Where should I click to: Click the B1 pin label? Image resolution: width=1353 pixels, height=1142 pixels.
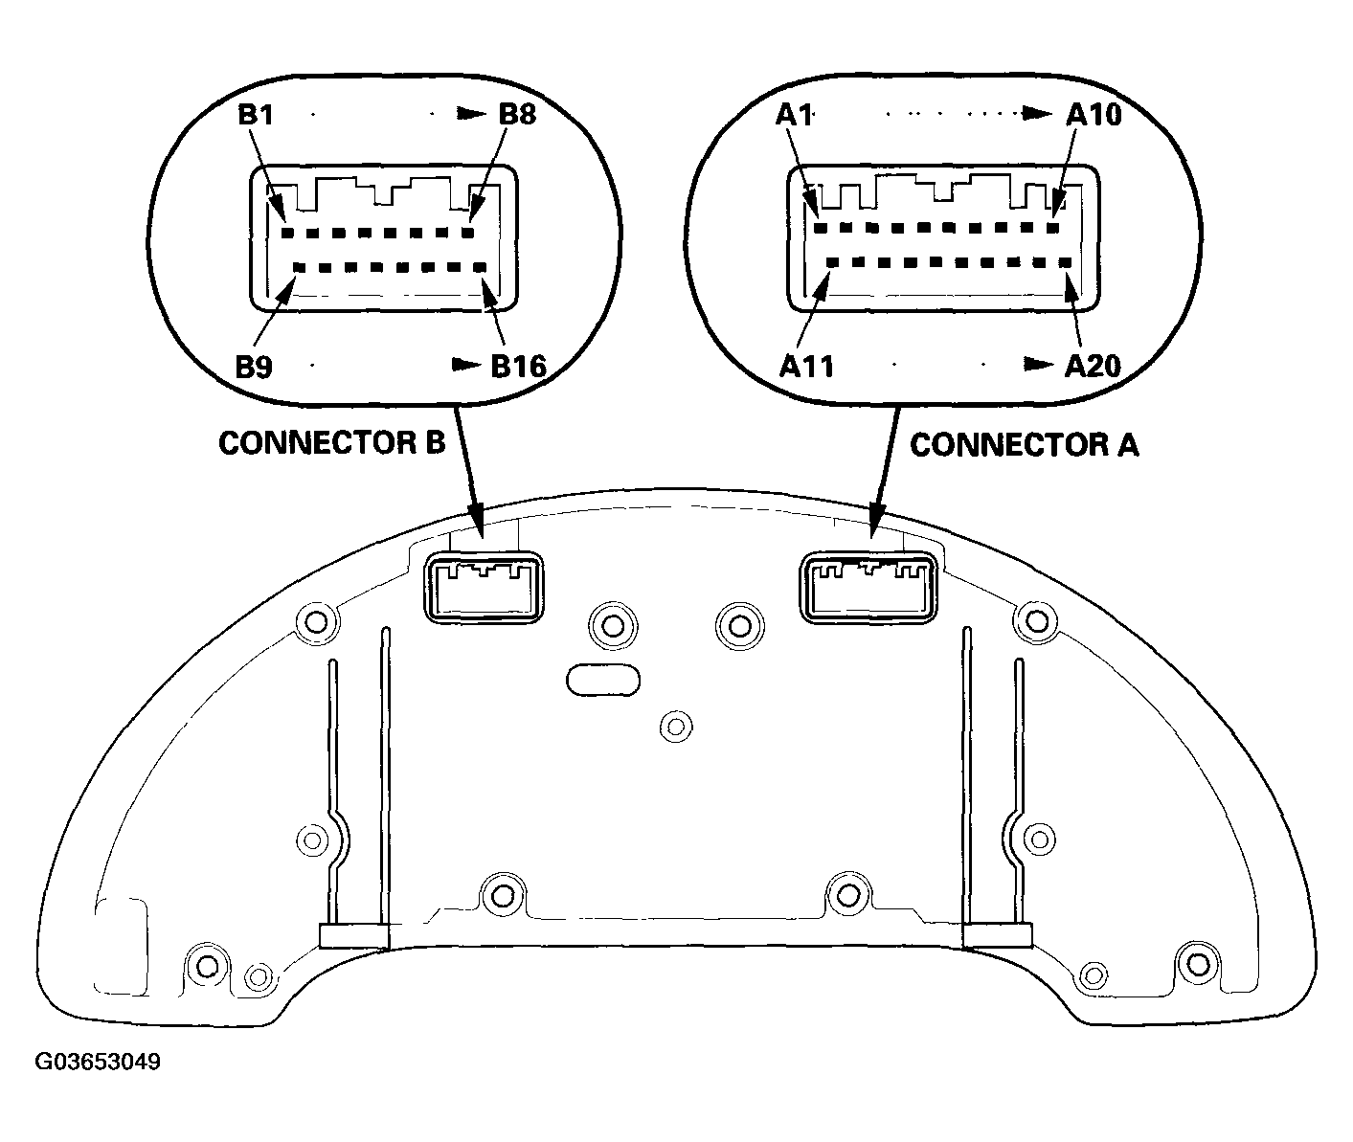tap(256, 115)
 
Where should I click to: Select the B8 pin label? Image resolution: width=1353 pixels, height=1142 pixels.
tap(517, 114)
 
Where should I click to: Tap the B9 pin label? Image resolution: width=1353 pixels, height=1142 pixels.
tap(254, 367)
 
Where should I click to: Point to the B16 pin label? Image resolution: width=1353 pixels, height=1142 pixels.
tap(518, 366)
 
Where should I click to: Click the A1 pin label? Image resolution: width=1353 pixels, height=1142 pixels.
tap(794, 115)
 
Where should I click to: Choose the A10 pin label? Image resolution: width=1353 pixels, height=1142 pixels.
tap(1094, 115)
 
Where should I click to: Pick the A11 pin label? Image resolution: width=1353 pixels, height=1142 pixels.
tap(806, 367)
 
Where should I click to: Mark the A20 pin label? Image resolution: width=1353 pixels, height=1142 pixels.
tap(1093, 366)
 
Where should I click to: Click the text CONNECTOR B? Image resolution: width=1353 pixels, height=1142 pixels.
tap(331, 443)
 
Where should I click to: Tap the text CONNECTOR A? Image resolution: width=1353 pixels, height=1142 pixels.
tap(1024, 445)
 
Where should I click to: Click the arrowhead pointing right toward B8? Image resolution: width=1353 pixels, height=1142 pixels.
tap(472, 114)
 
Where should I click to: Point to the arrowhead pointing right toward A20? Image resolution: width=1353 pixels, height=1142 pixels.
tap(1039, 365)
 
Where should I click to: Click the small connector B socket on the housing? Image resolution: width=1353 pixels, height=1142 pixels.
tap(484, 588)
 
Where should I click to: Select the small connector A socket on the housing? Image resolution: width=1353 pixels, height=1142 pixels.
tap(868, 588)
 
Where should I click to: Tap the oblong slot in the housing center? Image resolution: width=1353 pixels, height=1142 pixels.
tap(603, 681)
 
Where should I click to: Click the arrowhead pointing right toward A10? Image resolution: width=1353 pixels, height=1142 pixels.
tap(1037, 114)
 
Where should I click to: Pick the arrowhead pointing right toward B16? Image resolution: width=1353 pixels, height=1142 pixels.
tap(466, 365)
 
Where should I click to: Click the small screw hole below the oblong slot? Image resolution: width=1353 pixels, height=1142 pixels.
tap(676, 727)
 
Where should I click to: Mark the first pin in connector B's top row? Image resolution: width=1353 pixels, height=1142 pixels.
tap(288, 233)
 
